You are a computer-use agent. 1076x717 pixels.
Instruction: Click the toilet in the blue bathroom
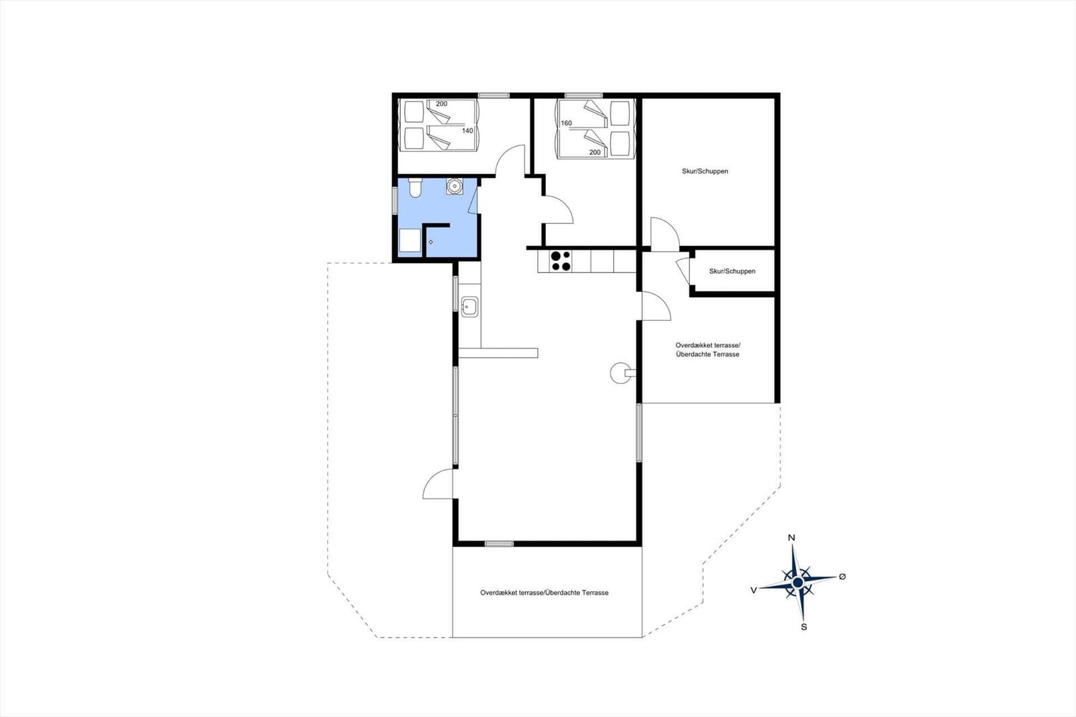pyautogui.click(x=414, y=188)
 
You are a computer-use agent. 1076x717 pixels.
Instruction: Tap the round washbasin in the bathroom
pyautogui.click(x=454, y=186)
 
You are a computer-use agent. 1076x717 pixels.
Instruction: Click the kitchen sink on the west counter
pyautogui.click(x=469, y=307)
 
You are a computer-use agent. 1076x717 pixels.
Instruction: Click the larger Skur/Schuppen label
pyautogui.click(x=705, y=171)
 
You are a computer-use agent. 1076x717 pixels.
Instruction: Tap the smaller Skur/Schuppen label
pyautogui.click(x=732, y=271)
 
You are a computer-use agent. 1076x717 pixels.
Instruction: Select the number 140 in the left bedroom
pyautogui.click(x=467, y=130)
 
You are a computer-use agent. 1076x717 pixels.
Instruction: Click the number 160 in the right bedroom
pyautogui.click(x=566, y=123)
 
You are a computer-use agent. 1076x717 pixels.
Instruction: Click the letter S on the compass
pyautogui.click(x=804, y=627)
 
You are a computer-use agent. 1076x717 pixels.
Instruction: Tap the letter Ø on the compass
pyautogui.click(x=842, y=576)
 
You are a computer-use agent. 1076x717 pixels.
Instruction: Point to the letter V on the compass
pyautogui.click(x=754, y=590)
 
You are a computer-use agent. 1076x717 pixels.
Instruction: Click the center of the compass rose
pyautogui.click(x=798, y=582)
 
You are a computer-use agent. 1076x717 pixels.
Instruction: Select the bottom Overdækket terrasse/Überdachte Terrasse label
pyautogui.click(x=544, y=593)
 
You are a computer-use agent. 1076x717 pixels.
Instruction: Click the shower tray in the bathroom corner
pyautogui.click(x=410, y=240)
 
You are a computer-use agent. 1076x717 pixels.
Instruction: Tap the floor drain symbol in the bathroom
pyautogui.click(x=430, y=242)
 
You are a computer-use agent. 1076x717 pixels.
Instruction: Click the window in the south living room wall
pyautogui.click(x=499, y=543)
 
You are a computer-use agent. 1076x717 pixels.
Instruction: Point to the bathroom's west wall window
pyautogui.click(x=395, y=200)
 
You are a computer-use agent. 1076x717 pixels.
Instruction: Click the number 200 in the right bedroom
pyautogui.click(x=594, y=152)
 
